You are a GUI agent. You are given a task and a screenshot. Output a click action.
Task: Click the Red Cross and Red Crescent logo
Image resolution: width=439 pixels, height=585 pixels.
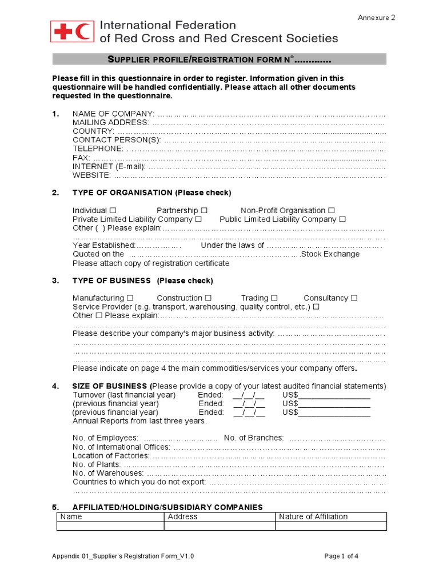71,31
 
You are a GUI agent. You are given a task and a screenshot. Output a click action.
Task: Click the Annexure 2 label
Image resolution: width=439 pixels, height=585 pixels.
376,18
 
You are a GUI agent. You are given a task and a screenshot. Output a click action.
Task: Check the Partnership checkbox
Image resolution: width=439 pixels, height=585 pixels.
204,211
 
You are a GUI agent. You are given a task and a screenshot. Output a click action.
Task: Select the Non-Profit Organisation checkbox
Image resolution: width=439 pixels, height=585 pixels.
332,211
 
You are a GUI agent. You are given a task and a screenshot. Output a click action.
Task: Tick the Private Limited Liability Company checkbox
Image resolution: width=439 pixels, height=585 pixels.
198,219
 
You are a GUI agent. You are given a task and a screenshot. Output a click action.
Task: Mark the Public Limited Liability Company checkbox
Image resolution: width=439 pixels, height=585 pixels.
342,219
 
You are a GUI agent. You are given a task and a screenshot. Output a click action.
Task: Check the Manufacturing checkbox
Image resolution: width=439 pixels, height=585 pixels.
130,298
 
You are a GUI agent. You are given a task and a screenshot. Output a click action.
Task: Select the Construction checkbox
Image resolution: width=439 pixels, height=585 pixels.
208,298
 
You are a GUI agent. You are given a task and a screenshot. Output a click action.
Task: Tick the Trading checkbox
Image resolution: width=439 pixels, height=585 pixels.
274,298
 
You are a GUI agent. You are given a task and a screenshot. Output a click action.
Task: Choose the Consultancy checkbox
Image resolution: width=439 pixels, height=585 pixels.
354,298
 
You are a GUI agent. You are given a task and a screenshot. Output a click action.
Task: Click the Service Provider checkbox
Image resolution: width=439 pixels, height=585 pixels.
316,307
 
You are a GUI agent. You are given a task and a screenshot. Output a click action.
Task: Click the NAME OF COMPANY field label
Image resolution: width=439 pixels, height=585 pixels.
113,114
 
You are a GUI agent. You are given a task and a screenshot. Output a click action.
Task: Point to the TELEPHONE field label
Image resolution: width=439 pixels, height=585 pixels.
98,149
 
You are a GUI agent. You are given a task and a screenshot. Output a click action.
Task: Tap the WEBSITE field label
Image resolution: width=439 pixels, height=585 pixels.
91,175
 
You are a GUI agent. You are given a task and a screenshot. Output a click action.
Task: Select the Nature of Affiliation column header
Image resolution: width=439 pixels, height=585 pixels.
313,516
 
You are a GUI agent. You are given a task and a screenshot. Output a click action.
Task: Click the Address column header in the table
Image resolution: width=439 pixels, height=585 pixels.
182,516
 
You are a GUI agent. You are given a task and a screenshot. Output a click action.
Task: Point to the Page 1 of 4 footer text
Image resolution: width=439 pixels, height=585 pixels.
341,556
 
